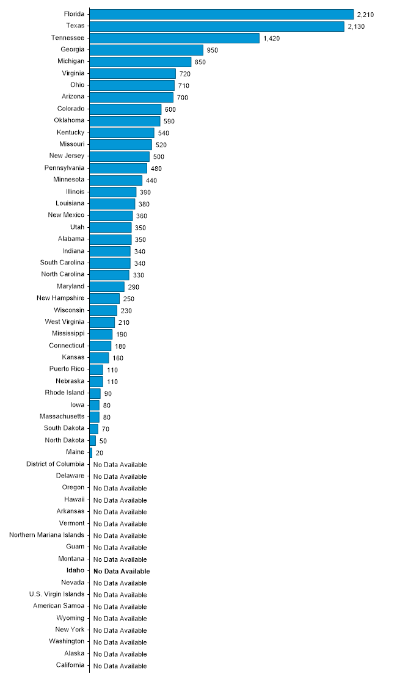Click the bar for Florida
point(222,14)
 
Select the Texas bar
point(217,26)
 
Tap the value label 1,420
point(272,38)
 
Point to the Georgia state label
point(72,49)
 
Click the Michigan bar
point(140,62)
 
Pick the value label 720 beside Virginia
point(185,73)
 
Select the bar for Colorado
point(125,109)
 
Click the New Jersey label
point(67,156)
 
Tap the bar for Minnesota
point(116,180)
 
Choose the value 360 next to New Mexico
point(142,216)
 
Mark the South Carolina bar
point(110,263)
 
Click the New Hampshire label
point(60,298)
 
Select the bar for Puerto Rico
point(97,369)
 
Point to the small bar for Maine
point(91,453)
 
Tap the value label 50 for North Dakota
point(103,440)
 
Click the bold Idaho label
point(75,571)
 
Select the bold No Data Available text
point(122,571)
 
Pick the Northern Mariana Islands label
point(47,535)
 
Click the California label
point(70,665)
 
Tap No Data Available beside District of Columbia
point(120,464)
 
